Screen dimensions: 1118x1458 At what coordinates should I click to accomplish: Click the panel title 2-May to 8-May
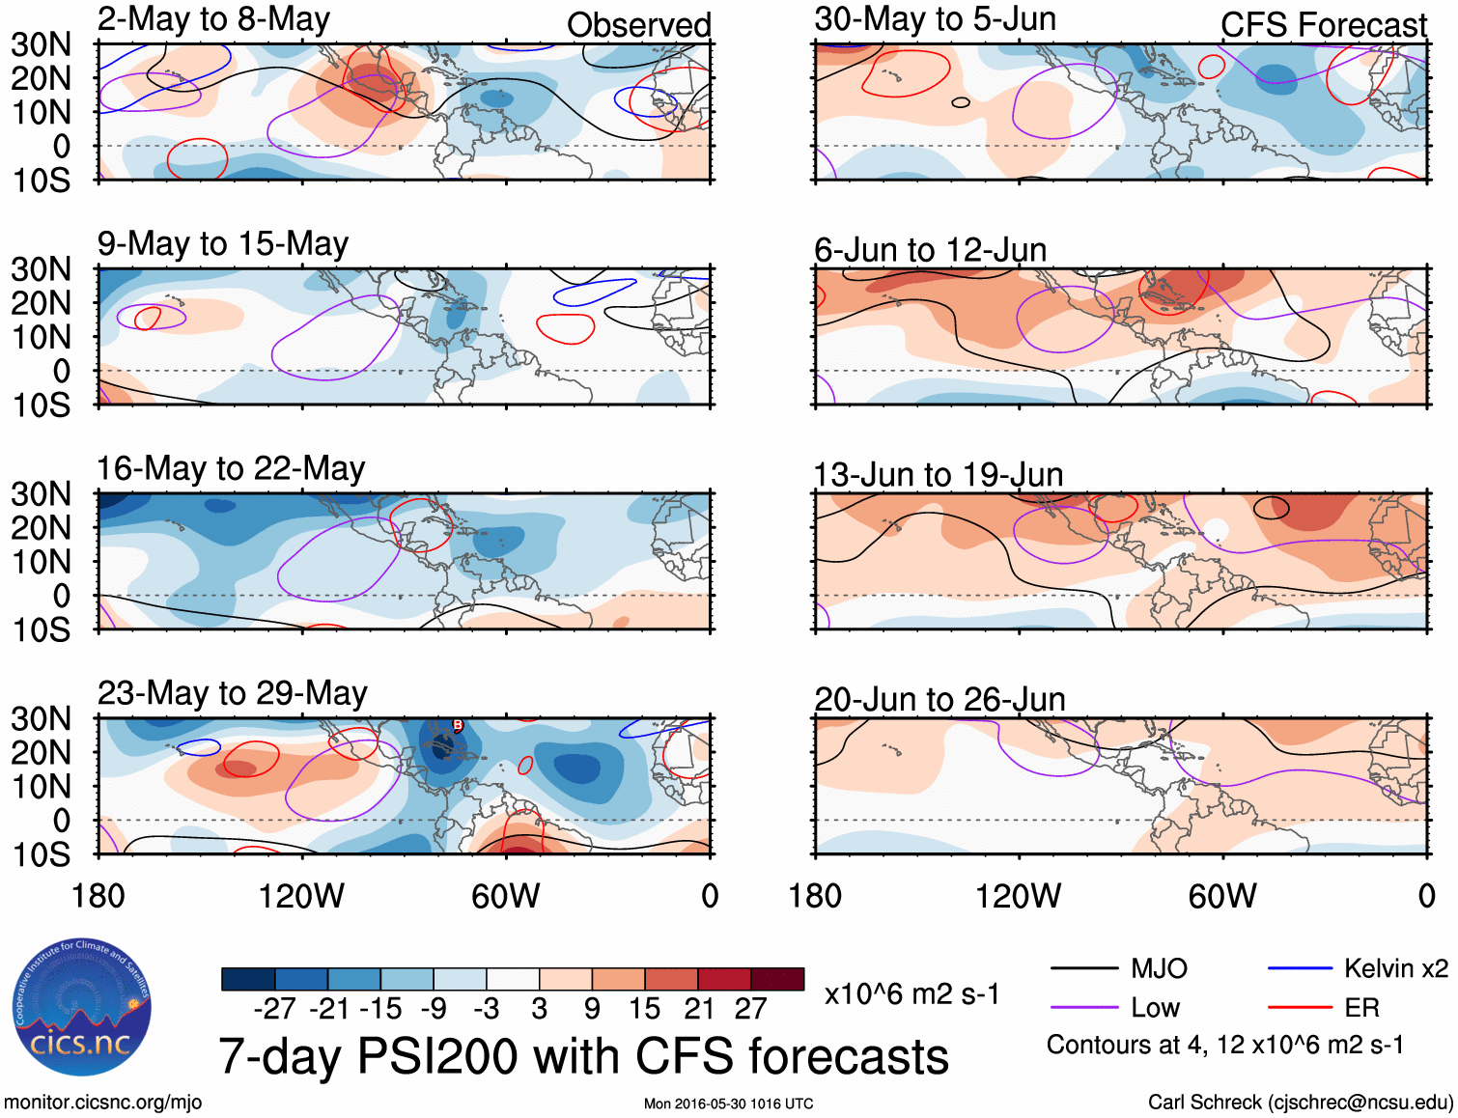(213, 19)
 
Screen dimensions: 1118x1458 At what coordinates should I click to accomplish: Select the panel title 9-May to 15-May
(222, 244)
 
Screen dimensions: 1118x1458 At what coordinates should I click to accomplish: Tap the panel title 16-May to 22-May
(231, 469)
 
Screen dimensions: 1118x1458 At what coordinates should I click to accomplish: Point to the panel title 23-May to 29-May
(232, 694)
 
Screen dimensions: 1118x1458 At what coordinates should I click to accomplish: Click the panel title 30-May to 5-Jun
(935, 19)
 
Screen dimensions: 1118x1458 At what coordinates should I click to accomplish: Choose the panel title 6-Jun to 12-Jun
(930, 250)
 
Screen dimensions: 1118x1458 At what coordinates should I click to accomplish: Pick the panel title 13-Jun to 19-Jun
(938, 475)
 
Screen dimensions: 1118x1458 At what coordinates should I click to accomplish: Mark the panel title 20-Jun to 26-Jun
(939, 700)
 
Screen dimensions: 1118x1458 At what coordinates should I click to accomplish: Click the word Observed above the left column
(638, 25)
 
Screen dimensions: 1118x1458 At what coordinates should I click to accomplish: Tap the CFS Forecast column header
(1323, 25)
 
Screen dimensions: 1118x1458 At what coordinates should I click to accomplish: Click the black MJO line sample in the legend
(1083, 968)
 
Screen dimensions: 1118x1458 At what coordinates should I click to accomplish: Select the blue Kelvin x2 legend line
(1300, 968)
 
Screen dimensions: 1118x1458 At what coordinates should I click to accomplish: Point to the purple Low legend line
(1083, 1008)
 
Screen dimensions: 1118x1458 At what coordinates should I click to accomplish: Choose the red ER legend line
(1300, 1008)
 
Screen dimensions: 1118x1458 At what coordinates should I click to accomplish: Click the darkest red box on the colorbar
(777, 979)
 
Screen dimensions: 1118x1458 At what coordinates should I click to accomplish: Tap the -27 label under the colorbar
(275, 1009)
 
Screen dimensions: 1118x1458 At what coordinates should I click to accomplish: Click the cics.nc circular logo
(81, 1007)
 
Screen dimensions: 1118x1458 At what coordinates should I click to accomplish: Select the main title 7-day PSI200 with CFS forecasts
(583, 1056)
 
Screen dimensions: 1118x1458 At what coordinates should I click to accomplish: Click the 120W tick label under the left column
(301, 896)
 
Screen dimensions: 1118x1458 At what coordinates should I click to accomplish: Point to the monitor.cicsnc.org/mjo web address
(103, 1103)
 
